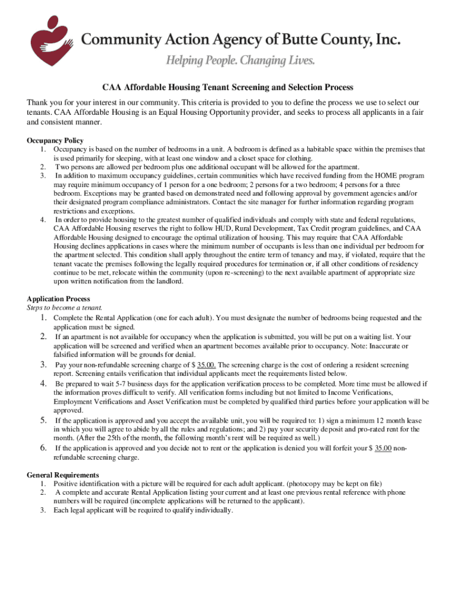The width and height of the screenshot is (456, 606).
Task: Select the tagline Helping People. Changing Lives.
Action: pyautogui.click(x=240, y=60)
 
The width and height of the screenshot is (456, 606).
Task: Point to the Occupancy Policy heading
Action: pyautogui.click(x=55, y=141)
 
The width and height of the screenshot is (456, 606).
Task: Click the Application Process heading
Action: pyautogui.click(x=58, y=299)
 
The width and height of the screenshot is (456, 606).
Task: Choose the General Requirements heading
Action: pyautogui.click(x=63, y=475)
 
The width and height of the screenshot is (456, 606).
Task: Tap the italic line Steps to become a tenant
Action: pyautogui.click(x=65, y=308)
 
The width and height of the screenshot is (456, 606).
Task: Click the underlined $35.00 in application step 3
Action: pyautogui.click(x=206, y=365)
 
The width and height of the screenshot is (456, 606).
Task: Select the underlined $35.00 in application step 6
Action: pyautogui.click(x=383, y=449)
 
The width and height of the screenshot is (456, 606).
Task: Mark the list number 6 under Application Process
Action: pyautogui.click(x=43, y=447)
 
